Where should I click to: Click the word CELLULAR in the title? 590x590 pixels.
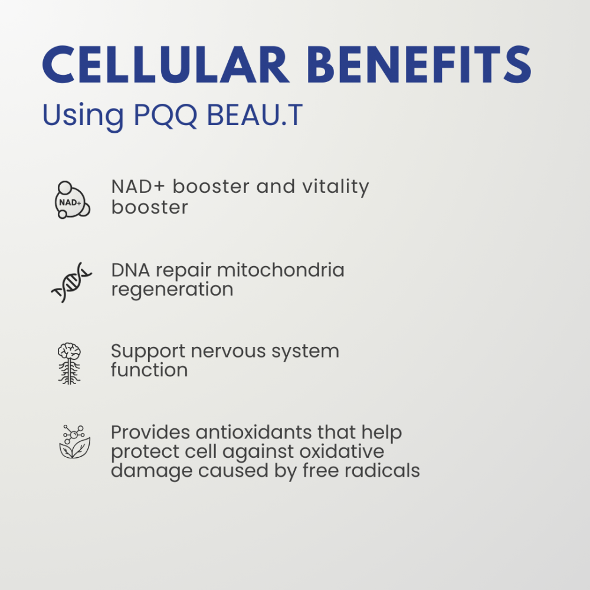tap(166, 64)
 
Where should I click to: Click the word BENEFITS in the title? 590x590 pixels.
tap(419, 64)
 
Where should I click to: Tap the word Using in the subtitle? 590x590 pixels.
tap(83, 116)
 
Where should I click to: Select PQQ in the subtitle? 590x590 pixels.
tap(165, 115)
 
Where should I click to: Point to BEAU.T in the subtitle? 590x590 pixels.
tap(255, 115)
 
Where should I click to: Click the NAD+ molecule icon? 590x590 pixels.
tap(72, 200)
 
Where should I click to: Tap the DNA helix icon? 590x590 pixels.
tap(71, 282)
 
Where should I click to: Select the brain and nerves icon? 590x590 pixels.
tap(69, 363)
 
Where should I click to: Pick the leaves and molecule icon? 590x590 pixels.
tap(74, 442)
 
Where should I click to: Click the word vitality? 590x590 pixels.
tap(336, 187)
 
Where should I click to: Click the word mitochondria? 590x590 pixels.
tap(280, 270)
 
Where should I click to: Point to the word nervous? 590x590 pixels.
tap(228, 352)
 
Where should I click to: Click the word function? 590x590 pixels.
tap(149, 370)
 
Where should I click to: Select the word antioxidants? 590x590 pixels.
tap(254, 432)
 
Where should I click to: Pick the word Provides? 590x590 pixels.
tap(150, 432)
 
